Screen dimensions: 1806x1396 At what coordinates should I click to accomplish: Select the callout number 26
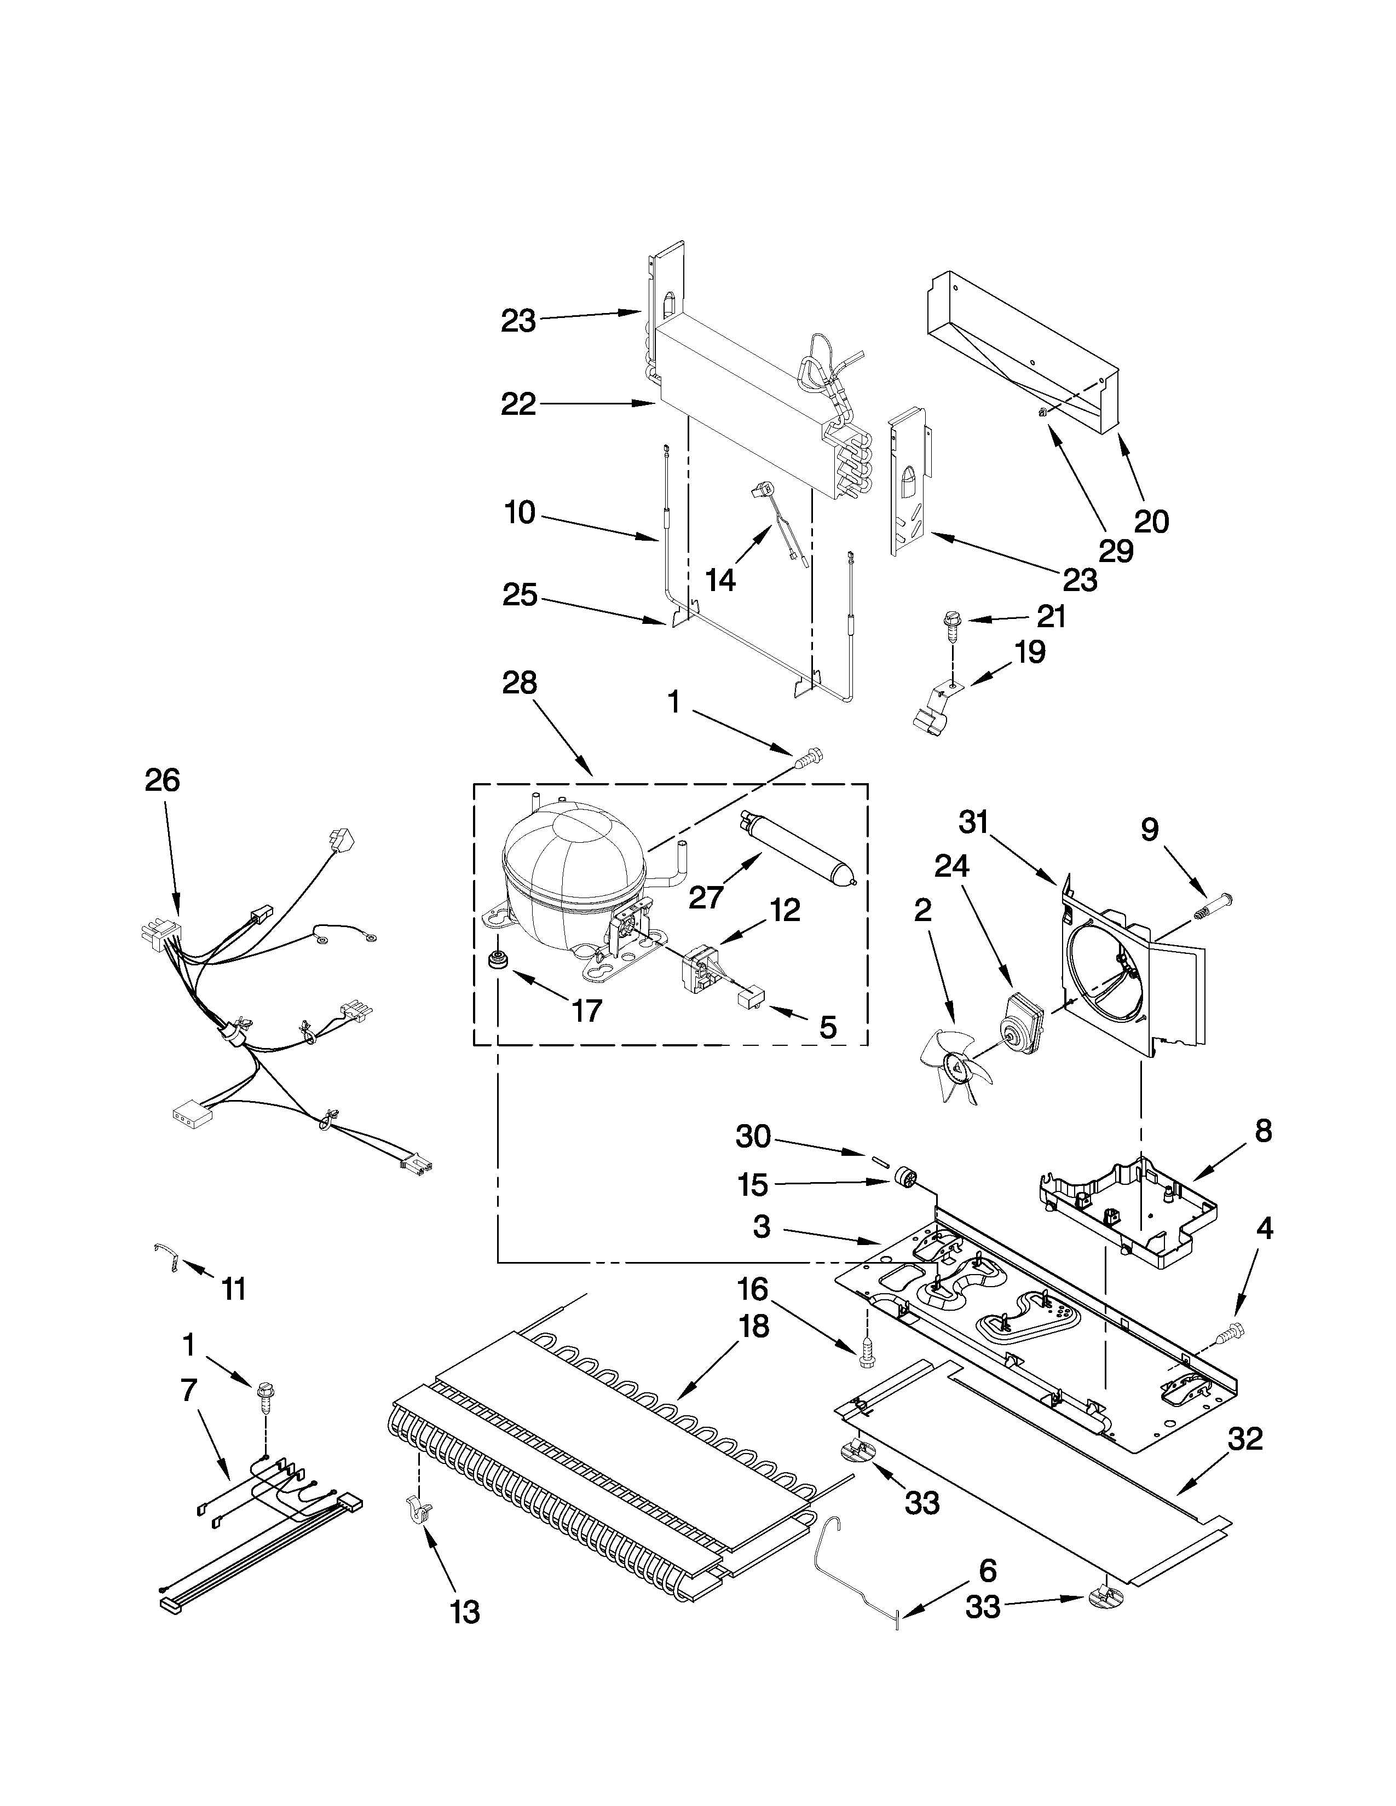(x=162, y=780)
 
